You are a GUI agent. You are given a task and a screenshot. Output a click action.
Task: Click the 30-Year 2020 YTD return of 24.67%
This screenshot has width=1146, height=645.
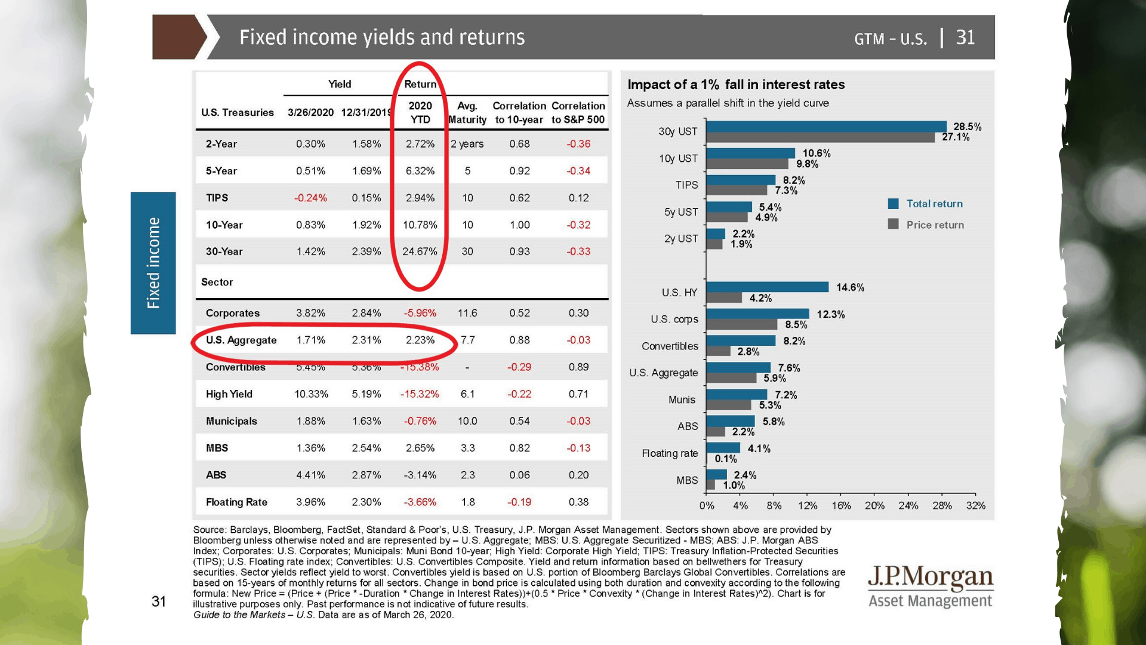(420, 251)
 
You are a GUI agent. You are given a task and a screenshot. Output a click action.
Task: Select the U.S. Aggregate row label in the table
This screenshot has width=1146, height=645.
(241, 340)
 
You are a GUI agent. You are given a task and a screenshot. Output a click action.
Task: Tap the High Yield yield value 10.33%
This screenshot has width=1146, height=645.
(311, 394)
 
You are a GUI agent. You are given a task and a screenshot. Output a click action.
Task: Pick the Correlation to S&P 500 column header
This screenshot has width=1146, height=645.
(578, 112)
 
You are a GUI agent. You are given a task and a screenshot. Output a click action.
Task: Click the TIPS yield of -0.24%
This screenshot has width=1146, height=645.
(310, 198)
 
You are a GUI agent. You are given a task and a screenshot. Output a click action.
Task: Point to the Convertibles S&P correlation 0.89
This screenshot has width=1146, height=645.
(578, 367)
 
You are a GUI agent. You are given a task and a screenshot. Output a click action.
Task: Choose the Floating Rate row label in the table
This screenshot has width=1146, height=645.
(236, 502)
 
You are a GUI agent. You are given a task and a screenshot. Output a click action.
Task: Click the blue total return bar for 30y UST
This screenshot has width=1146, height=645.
(825, 127)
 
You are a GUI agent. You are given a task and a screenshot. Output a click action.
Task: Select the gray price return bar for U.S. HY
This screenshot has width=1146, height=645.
(723, 297)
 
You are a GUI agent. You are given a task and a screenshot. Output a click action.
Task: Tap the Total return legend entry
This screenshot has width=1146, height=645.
(934, 204)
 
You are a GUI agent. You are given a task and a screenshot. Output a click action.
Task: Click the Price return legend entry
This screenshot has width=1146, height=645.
(935, 225)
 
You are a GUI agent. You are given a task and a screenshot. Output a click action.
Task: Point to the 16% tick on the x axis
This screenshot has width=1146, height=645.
(841, 506)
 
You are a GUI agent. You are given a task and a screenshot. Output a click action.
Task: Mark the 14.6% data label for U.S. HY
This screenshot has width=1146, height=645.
(850, 287)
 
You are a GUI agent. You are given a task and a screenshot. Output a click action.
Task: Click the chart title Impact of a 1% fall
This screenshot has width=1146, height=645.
(736, 85)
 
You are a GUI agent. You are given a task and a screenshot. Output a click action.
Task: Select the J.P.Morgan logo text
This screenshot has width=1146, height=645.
(930, 578)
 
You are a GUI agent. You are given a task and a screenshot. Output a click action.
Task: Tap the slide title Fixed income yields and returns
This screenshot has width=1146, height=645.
(382, 37)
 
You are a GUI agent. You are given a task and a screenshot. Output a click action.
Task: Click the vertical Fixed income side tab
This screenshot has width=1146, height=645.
(153, 263)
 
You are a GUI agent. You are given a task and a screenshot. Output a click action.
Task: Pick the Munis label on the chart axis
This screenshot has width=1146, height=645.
(682, 400)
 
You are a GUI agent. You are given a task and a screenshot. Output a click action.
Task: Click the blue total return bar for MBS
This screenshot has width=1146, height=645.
(716, 475)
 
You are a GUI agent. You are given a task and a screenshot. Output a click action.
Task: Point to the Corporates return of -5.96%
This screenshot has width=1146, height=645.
(420, 313)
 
